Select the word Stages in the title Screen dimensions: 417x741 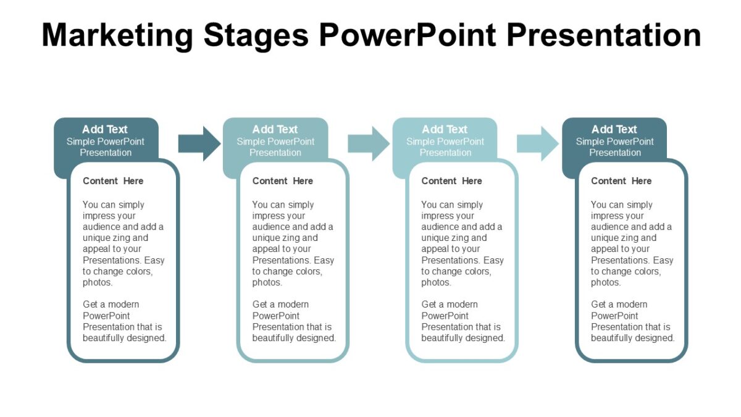256,35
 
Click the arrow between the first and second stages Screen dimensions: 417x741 199,143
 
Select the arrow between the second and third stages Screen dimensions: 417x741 369,143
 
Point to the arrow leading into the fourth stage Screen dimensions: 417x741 538,143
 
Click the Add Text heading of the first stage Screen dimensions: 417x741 105,129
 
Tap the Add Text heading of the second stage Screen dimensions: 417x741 275,129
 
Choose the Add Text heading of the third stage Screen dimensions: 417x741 445,129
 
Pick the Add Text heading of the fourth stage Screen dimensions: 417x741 614,129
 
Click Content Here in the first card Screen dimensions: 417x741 113,181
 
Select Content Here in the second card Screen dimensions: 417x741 283,181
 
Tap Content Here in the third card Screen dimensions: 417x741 451,181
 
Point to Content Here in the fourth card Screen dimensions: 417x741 621,181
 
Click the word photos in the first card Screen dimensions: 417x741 97,282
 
